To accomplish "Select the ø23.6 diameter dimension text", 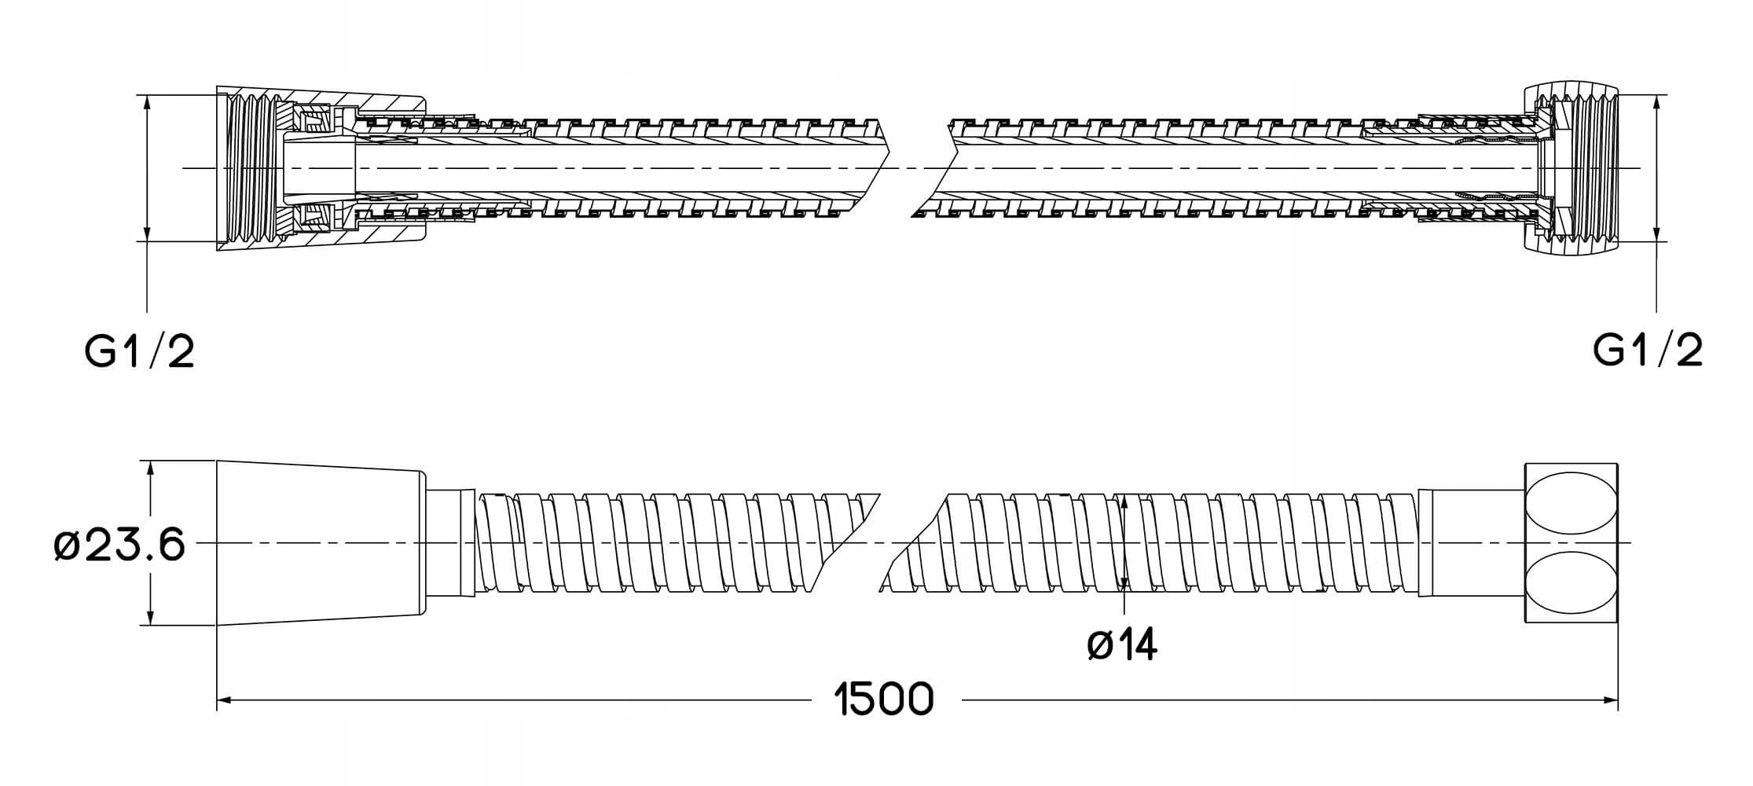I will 120,544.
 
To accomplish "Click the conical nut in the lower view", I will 319,542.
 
